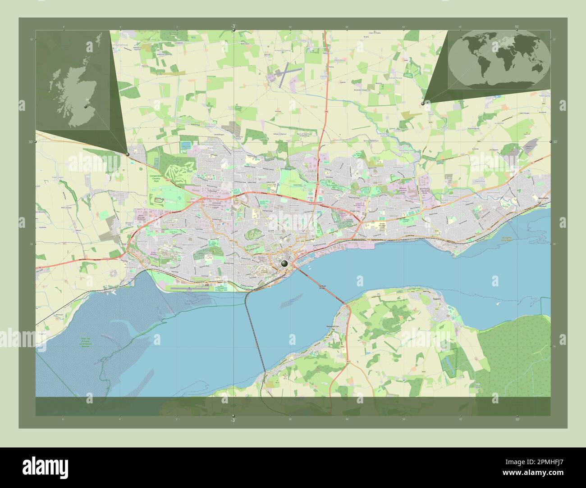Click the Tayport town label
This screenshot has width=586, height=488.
coord(435,298)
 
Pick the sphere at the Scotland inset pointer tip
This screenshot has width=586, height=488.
coord(128,154)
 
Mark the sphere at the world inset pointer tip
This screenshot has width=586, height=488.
coord(422,104)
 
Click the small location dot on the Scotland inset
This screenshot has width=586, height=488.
coord(85,107)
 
